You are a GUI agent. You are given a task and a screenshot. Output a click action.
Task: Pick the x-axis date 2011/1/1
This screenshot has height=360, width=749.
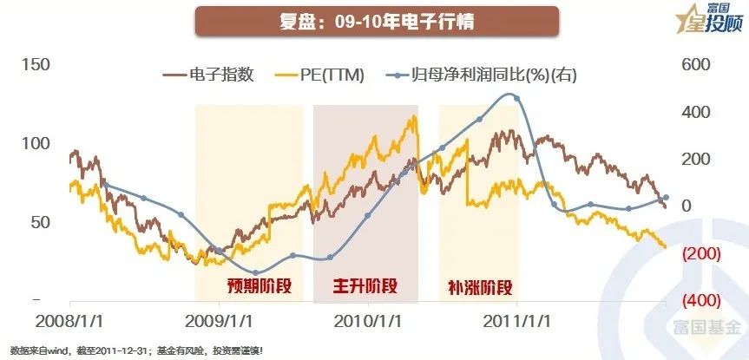click(517, 320)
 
